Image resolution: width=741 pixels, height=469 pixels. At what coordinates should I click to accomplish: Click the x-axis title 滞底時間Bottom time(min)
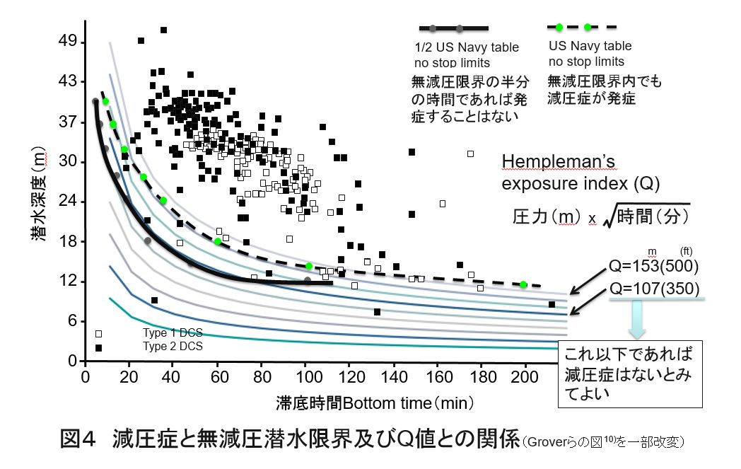click(375, 403)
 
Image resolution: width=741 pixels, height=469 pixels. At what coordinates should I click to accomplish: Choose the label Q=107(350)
click(653, 289)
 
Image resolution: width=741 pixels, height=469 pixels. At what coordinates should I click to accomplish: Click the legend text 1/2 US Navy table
click(466, 48)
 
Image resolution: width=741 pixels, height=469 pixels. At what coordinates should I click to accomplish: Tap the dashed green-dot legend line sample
click(582, 28)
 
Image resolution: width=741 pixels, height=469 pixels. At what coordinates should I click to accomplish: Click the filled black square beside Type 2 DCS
click(98, 347)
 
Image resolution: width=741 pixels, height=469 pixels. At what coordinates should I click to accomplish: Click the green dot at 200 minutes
click(523, 284)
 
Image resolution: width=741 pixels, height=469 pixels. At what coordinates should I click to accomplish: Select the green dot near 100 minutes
click(309, 266)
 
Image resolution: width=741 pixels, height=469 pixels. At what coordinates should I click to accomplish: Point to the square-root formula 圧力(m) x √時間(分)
click(601, 216)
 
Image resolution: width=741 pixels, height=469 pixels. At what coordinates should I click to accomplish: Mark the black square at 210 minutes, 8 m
click(552, 304)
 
